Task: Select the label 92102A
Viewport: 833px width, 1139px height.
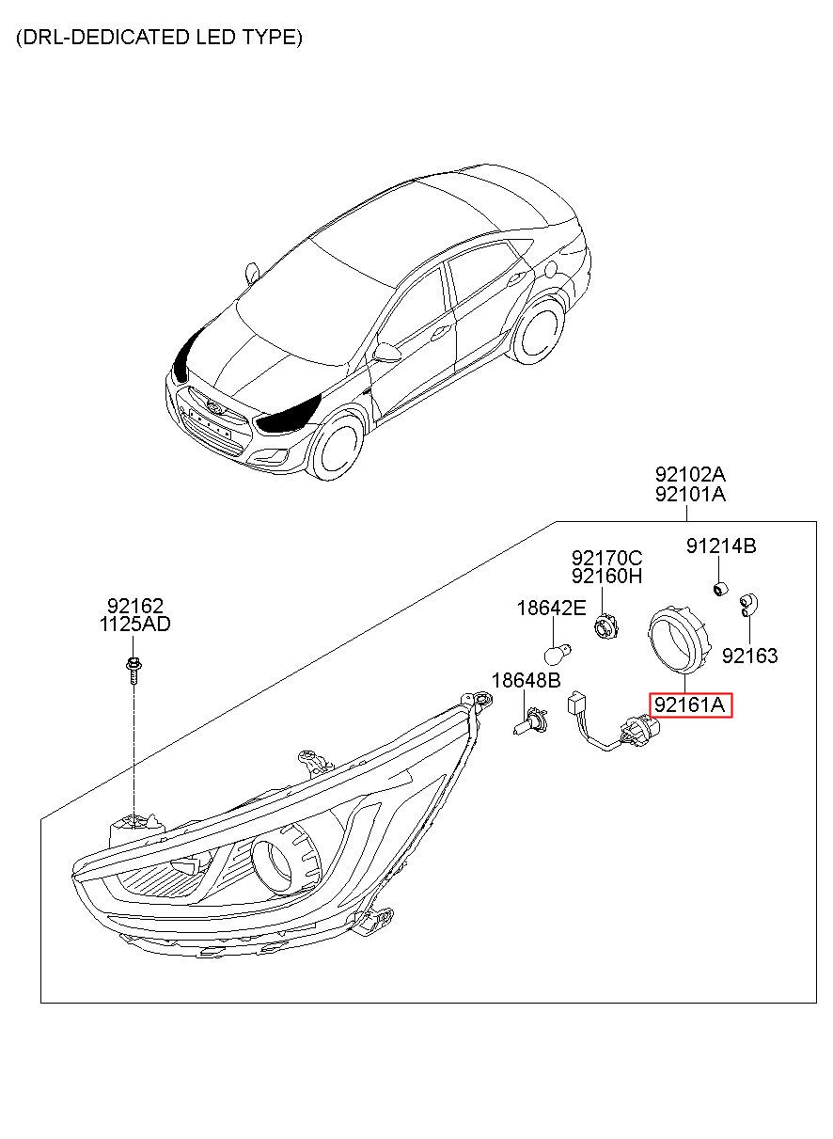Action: click(x=690, y=474)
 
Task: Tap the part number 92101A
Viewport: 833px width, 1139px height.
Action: click(x=690, y=494)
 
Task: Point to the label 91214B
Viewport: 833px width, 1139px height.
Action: click(x=720, y=546)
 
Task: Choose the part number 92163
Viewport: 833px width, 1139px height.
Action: click(x=749, y=656)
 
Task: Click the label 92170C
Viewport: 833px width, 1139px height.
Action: click(x=607, y=558)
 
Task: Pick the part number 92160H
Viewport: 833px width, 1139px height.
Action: click(x=607, y=576)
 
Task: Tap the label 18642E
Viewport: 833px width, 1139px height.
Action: click(x=551, y=609)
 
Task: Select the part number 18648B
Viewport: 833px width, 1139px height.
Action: click(x=527, y=680)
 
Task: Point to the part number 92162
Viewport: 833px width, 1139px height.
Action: click(x=134, y=606)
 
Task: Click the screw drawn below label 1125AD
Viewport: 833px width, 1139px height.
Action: click(x=134, y=669)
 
